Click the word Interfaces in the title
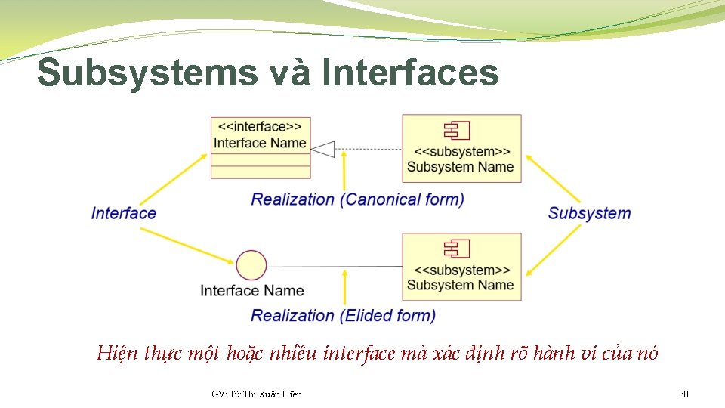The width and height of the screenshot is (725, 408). (410, 74)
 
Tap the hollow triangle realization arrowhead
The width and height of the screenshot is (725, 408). (322, 149)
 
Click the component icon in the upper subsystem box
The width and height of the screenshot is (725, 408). (458, 131)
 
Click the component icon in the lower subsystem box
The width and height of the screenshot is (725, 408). (458, 249)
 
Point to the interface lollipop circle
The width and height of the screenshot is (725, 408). (251, 266)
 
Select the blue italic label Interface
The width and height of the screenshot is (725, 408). (124, 213)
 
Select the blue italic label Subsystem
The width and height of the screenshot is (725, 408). (589, 213)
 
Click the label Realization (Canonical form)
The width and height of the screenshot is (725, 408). (357, 199)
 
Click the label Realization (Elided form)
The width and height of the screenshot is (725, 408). (343, 315)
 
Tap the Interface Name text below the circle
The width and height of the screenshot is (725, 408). (251, 291)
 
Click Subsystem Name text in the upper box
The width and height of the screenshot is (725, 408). (460, 167)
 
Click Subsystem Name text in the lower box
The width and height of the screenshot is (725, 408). (460, 286)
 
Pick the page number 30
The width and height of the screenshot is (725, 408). (683, 394)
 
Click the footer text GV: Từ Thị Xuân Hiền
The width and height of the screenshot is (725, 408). (257, 394)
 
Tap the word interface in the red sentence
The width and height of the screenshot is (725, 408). (358, 354)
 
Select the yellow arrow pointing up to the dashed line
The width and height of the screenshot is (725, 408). (344, 170)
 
